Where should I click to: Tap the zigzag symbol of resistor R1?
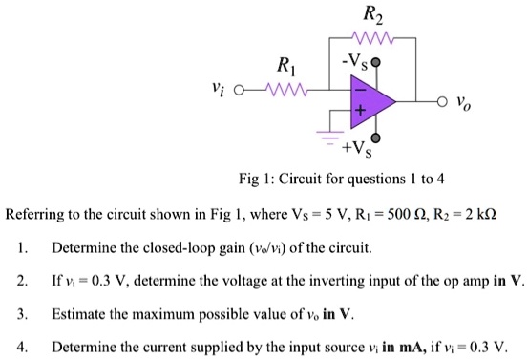(283, 93)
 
